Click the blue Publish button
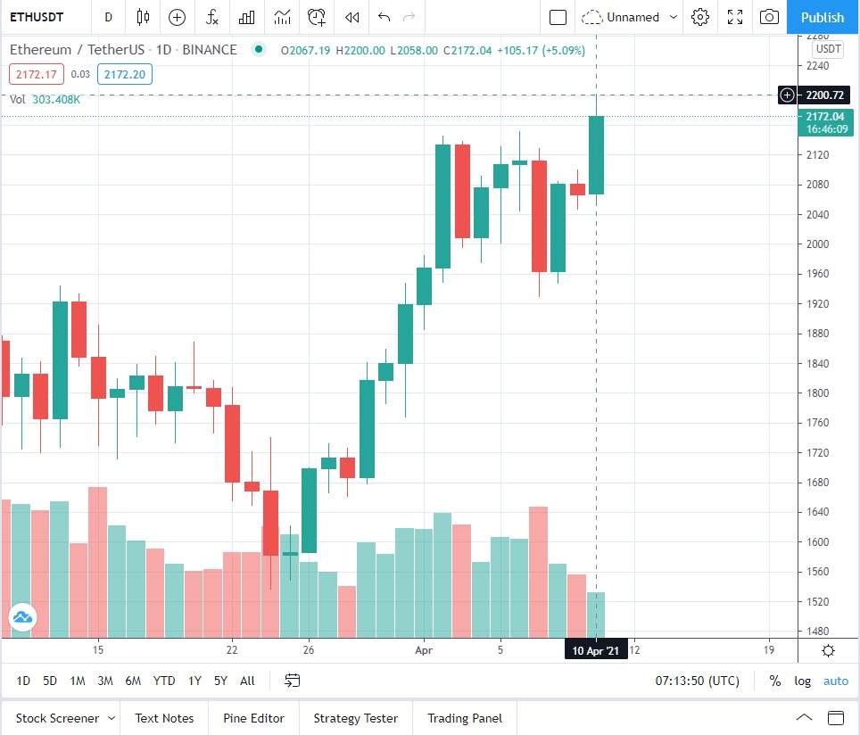coord(822,17)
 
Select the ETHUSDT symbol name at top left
coord(37,17)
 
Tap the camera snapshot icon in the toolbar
coord(768,17)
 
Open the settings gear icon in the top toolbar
coord(700,17)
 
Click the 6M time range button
coord(133,681)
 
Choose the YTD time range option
coord(164,681)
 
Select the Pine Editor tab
coord(253,718)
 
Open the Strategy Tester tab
coord(355,718)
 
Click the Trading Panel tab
coord(464,718)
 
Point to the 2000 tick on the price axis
coord(817,244)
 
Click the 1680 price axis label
coord(817,483)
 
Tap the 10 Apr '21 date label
coord(595,650)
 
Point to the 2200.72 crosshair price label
coord(823,95)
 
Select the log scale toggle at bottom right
coord(803,681)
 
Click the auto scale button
coord(836,681)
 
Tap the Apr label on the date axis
coord(424,649)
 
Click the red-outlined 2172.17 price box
coord(37,75)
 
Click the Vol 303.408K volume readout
coord(45,99)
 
